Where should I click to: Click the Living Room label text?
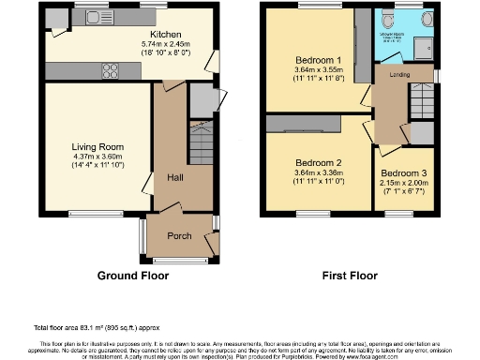coord(98,146)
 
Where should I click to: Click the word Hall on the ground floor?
coord(175,177)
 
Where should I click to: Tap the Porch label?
coord(179,235)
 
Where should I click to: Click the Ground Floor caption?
coord(133,276)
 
